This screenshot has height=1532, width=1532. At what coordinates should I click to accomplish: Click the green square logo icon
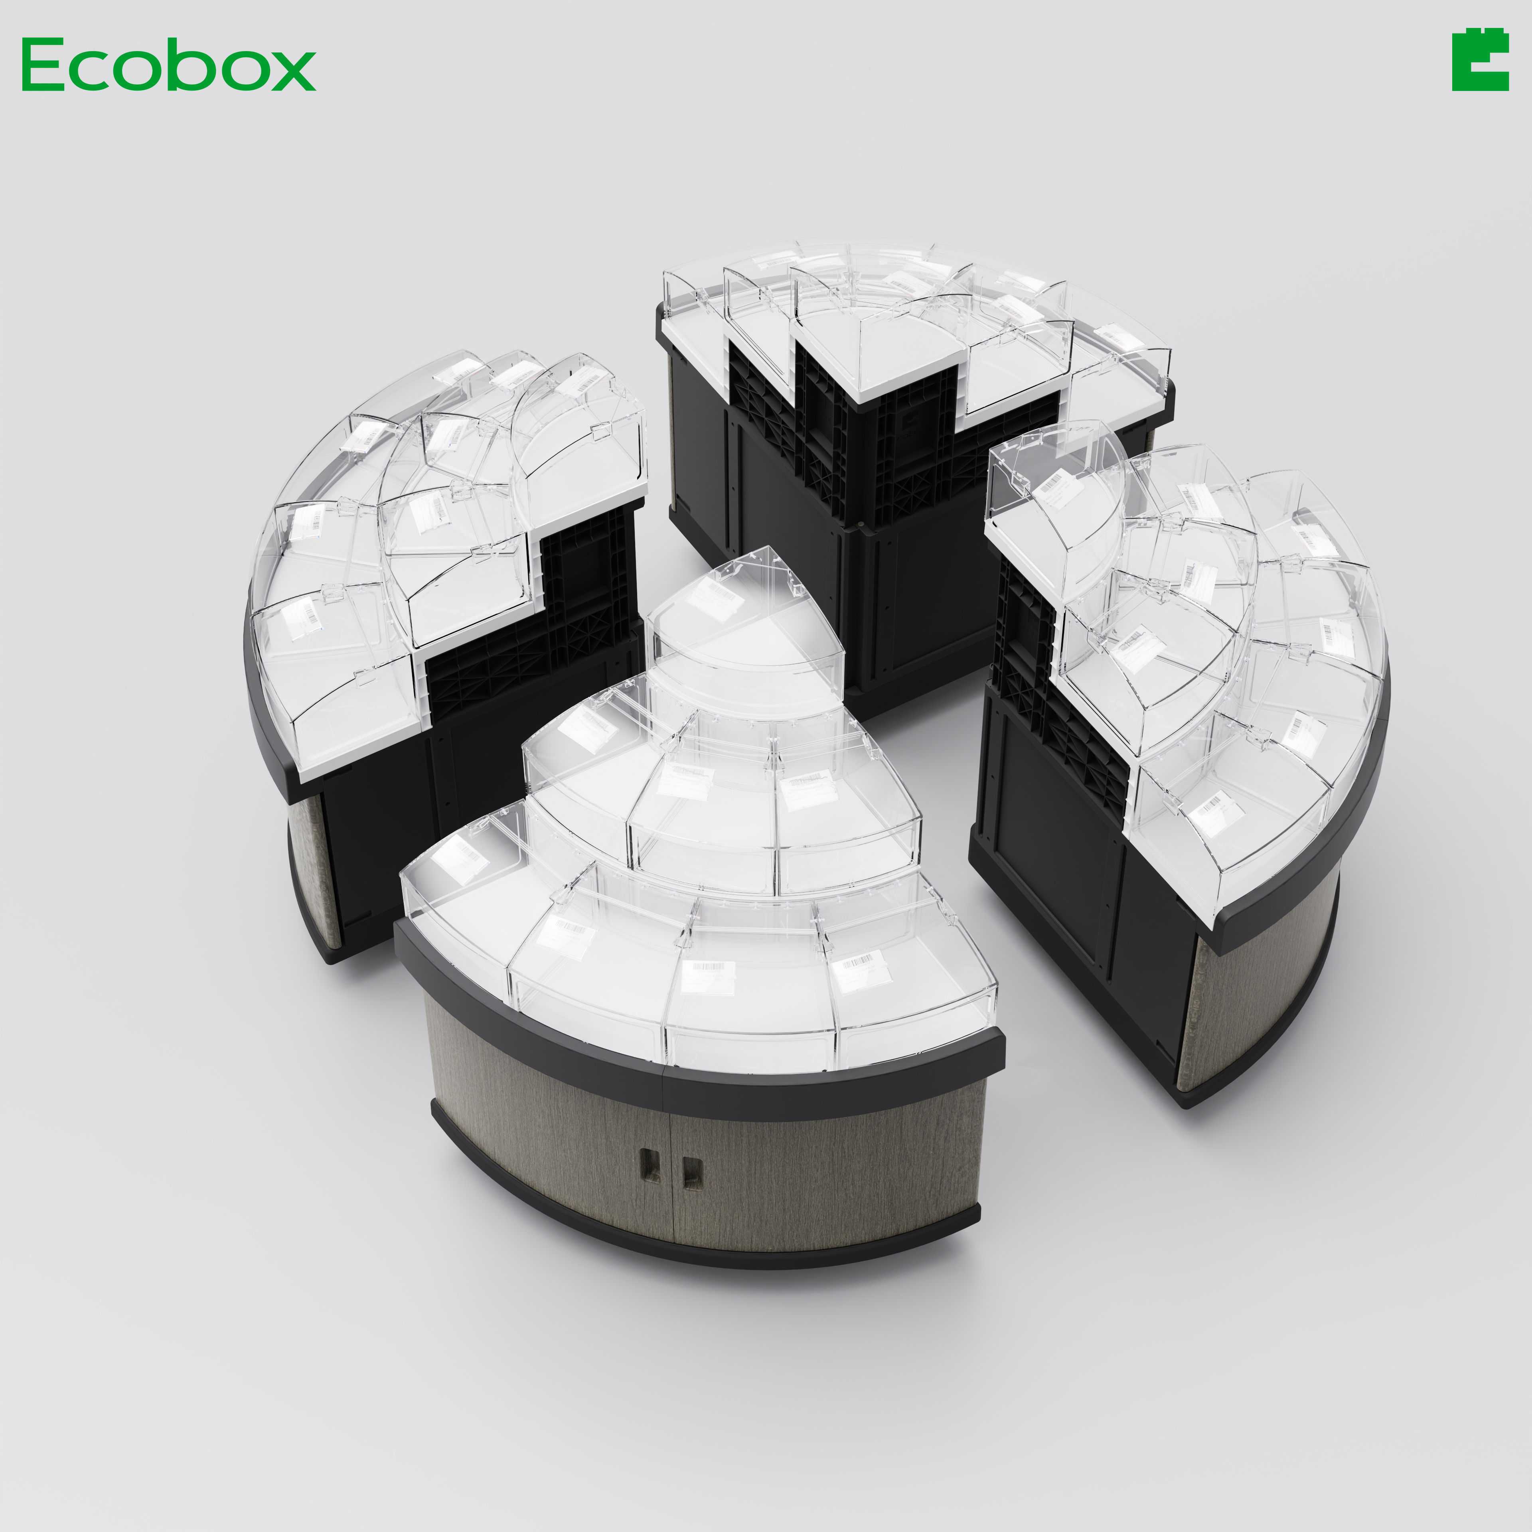pyautogui.click(x=1480, y=62)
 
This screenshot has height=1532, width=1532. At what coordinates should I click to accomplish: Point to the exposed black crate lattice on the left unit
pyautogui.click(x=555, y=626)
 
